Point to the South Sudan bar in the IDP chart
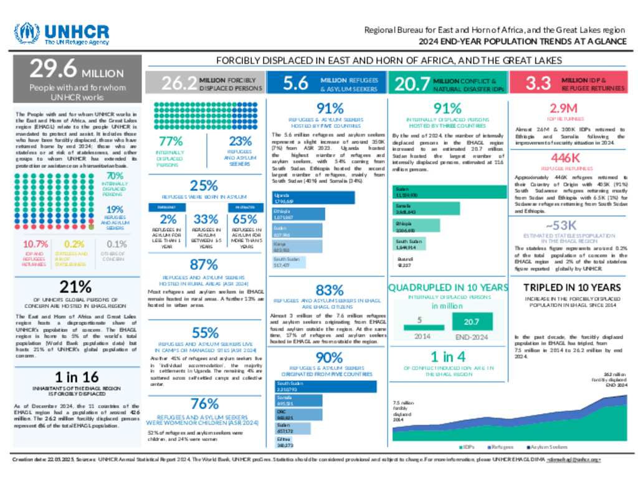point(409,244)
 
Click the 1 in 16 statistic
point(77,377)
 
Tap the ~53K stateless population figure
point(566,225)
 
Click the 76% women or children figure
point(204,404)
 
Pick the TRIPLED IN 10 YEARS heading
point(571,288)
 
